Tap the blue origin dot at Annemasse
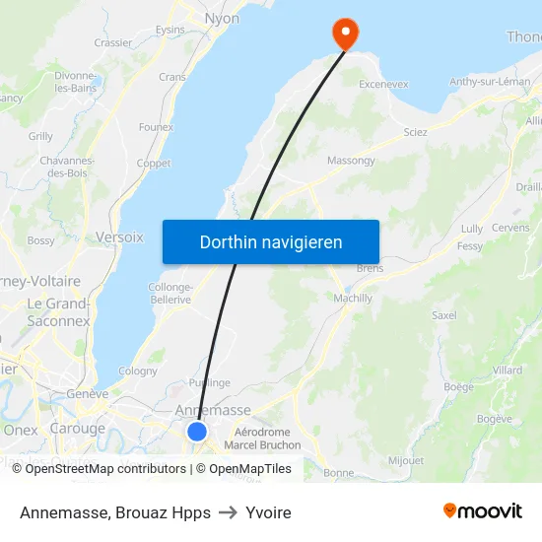coord(197,432)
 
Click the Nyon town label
coord(221,19)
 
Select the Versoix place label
coord(119,237)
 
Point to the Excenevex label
coord(383,85)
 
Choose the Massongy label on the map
coord(351,160)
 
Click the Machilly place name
coord(353,299)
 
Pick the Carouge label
coord(77,429)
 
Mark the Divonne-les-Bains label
coord(75,82)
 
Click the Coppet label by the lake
coord(153,164)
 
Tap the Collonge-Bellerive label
coord(169,293)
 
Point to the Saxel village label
coord(444,315)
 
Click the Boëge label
coord(458,387)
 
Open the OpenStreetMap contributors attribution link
coord(105,469)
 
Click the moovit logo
coord(482,511)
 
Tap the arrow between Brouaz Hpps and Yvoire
coord(228,512)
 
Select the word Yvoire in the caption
coord(268,512)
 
